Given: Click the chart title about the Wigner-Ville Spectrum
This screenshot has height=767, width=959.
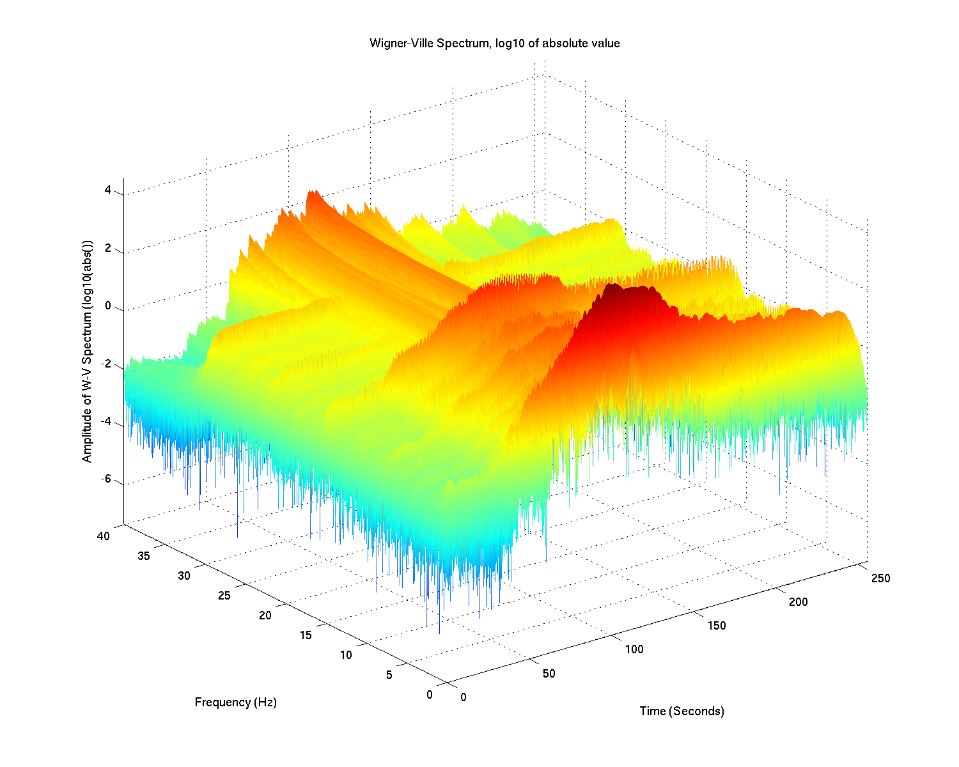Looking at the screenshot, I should coord(494,43).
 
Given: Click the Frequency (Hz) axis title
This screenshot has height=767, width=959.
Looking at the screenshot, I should coord(235,702).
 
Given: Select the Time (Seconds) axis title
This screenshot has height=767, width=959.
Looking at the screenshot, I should coord(682,711).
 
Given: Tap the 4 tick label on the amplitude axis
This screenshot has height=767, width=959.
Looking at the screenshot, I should coord(108,190).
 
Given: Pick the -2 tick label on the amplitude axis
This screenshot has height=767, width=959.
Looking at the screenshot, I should coord(105,364).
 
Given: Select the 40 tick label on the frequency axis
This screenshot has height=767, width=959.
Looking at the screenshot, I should coord(103,536).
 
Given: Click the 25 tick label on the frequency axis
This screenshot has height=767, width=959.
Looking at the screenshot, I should coord(224,596).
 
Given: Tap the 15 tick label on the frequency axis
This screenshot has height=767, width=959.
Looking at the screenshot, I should coord(306,635).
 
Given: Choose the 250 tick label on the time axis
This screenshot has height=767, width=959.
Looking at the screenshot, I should coord(880,578).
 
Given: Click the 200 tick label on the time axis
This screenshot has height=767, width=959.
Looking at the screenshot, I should coord(798,602).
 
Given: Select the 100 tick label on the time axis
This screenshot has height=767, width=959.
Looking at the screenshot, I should coord(634,649).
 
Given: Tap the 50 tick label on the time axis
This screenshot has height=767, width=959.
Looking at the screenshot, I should coord(549,674).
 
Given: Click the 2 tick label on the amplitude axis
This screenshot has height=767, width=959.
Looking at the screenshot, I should coord(108,249).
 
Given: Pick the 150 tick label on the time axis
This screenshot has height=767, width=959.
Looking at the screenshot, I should coord(716,626).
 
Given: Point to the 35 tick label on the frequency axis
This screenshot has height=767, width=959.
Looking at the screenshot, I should coord(143,556).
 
